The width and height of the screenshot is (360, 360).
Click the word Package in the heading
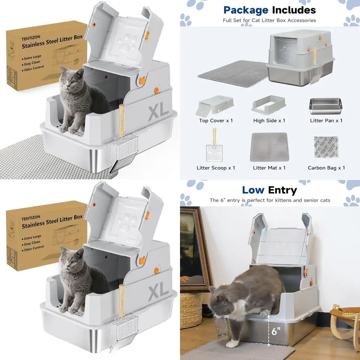point(246,10)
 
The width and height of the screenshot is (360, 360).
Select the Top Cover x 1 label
point(216,121)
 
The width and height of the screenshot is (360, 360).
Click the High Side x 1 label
point(269,121)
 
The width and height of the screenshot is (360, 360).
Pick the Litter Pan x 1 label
point(326,121)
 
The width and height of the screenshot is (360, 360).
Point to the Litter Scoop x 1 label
point(216,168)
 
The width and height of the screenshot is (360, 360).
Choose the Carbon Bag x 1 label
point(326,168)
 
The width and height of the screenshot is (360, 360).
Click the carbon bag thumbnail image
point(326,149)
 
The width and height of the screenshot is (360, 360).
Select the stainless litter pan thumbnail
point(326,105)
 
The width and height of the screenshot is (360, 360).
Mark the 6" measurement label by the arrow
point(276,332)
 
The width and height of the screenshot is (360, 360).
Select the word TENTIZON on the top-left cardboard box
point(31,39)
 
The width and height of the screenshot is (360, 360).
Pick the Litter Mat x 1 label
point(269,168)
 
